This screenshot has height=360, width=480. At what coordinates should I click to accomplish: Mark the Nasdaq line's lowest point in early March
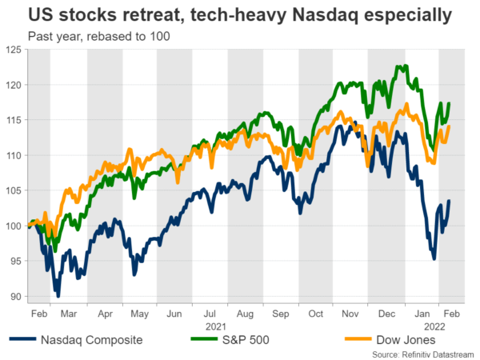[x=57, y=295]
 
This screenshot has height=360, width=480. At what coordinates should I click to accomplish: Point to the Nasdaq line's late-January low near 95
[x=434, y=258]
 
